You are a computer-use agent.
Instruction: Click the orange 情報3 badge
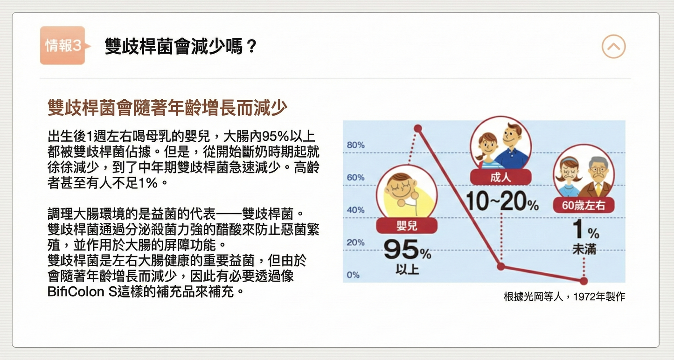(63, 45)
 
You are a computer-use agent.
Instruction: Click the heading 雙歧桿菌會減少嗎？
(181, 46)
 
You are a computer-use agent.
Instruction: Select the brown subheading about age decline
(167, 108)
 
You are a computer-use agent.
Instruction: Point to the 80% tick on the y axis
(355, 145)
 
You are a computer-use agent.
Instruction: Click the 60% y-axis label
(355, 178)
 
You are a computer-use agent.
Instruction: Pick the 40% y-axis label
(355, 210)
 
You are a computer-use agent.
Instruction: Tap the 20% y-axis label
(355, 242)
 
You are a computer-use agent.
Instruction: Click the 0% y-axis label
(353, 275)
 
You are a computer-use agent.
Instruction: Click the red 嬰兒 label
(407, 226)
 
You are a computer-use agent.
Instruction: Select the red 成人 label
(500, 177)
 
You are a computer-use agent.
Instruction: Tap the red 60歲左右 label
(584, 205)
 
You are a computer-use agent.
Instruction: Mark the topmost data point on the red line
(417, 128)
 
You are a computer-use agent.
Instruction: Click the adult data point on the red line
(500, 267)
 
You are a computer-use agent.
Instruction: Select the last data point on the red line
(584, 281)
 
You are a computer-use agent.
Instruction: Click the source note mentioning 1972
(564, 297)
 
